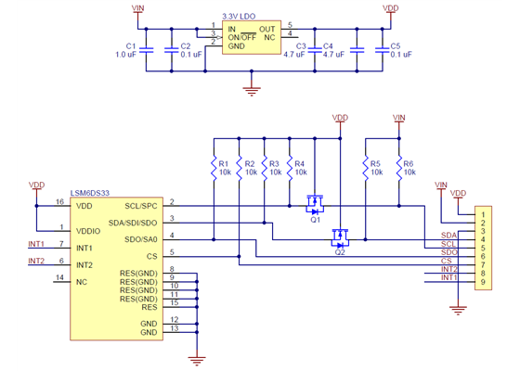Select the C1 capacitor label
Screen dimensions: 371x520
(x=130, y=46)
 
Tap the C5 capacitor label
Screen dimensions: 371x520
(x=396, y=46)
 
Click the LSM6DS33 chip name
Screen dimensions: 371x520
(x=89, y=192)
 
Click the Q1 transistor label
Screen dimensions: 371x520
(x=316, y=220)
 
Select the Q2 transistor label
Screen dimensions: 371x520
(x=340, y=251)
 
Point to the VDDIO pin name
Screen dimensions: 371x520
(x=88, y=230)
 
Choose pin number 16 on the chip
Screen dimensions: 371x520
(x=59, y=201)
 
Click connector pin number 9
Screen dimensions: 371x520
(x=484, y=281)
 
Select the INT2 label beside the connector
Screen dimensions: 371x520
(x=448, y=269)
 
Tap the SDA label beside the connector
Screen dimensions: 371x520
(x=449, y=236)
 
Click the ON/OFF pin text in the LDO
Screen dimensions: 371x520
(x=243, y=37)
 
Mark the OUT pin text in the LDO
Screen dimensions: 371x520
(x=266, y=30)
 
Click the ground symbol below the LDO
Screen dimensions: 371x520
(x=250, y=90)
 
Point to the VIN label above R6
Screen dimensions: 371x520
(x=399, y=118)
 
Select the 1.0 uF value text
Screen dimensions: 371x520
(x=126, y=55)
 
